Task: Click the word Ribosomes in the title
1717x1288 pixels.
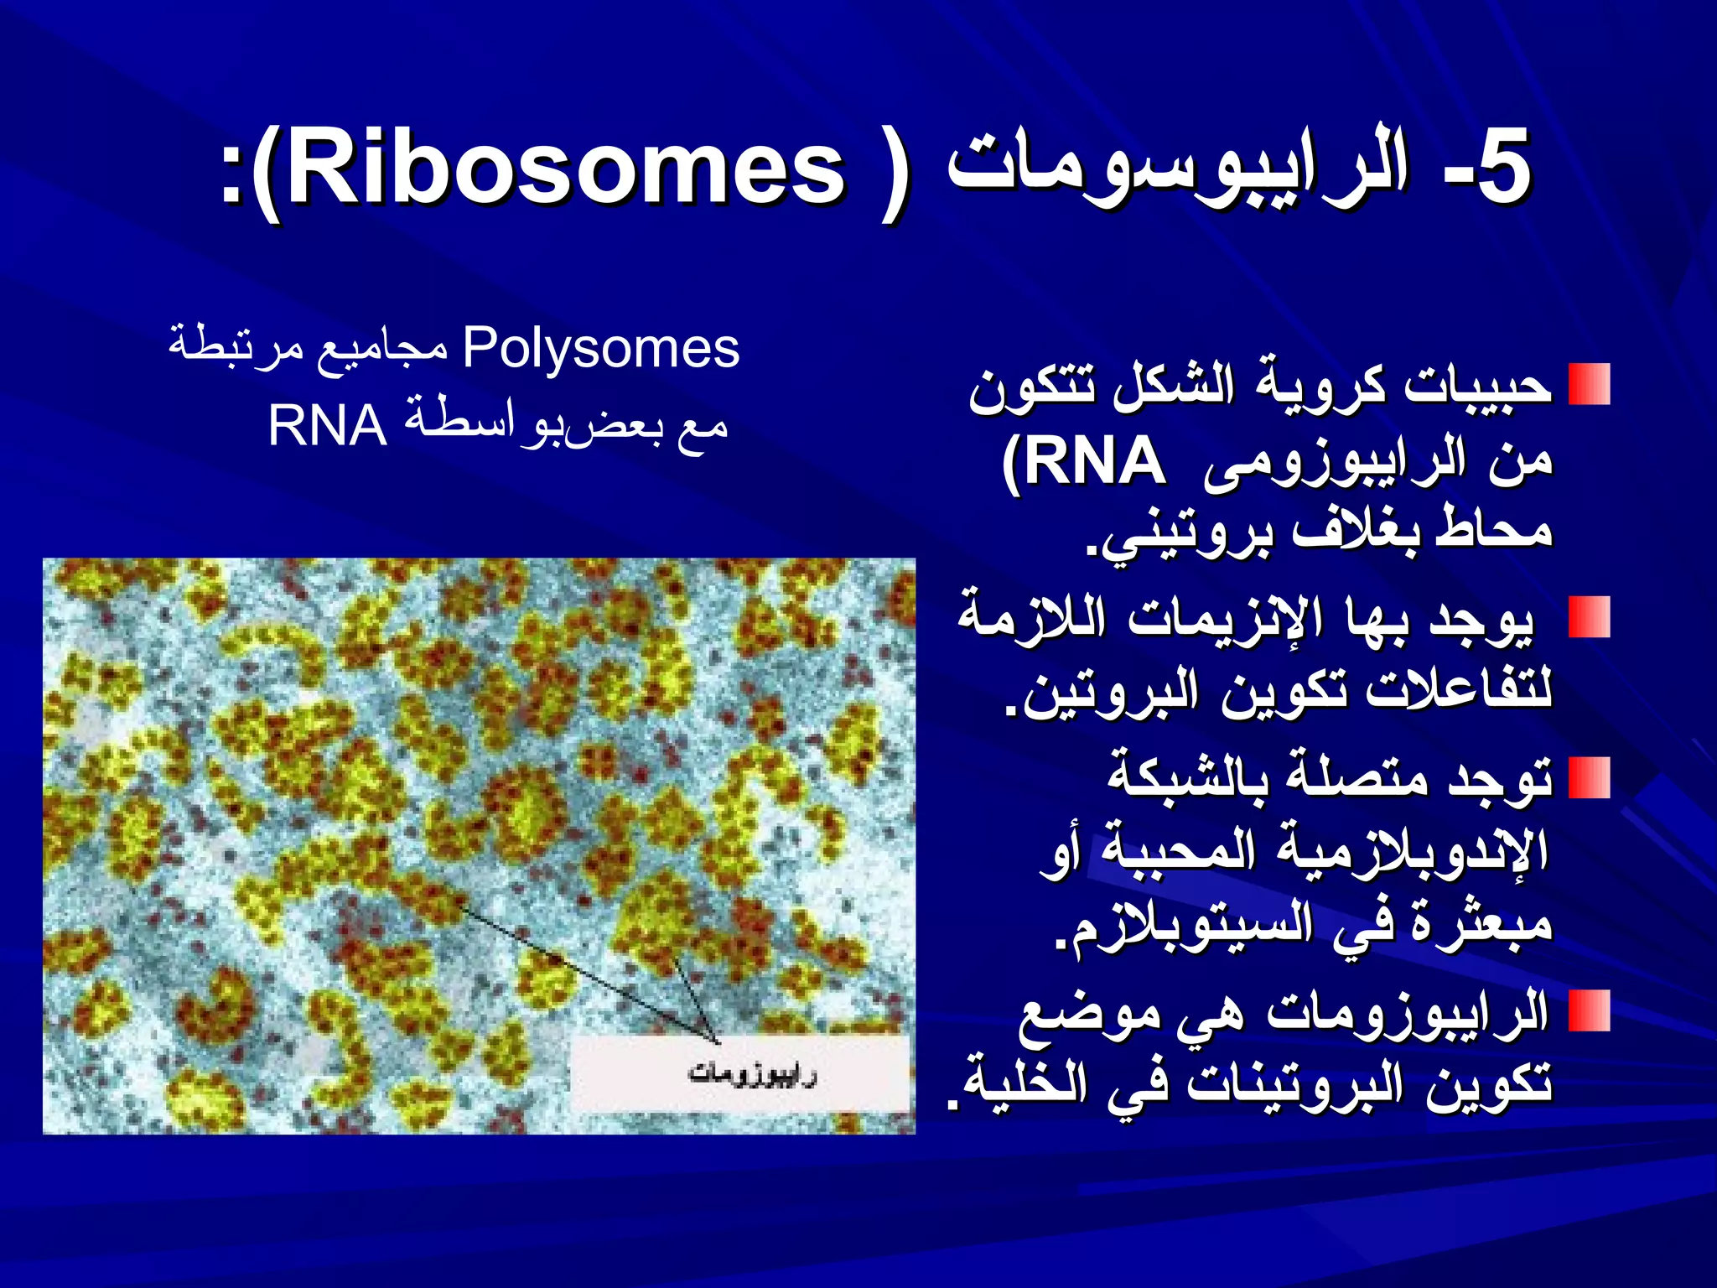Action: pyautogui.click(x=567, y=172)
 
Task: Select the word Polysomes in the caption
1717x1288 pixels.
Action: pyautogui.click(x=601, y=349)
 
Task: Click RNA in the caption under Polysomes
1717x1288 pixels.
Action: pyautogui.click(x=327, y=426)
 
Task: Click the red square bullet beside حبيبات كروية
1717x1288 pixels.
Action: pyautogui.click(x=1590, y=384)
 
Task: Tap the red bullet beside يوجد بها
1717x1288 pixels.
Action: pyautogui.click(x=1590, y=618)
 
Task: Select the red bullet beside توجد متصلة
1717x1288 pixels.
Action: pyautogui.click(x=1590, y=776)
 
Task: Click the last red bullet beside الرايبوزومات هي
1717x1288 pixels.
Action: pyautogui.click(x=1590, y=1010)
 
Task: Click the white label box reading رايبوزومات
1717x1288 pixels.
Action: pyautogui.click(x=739, y=1075)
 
